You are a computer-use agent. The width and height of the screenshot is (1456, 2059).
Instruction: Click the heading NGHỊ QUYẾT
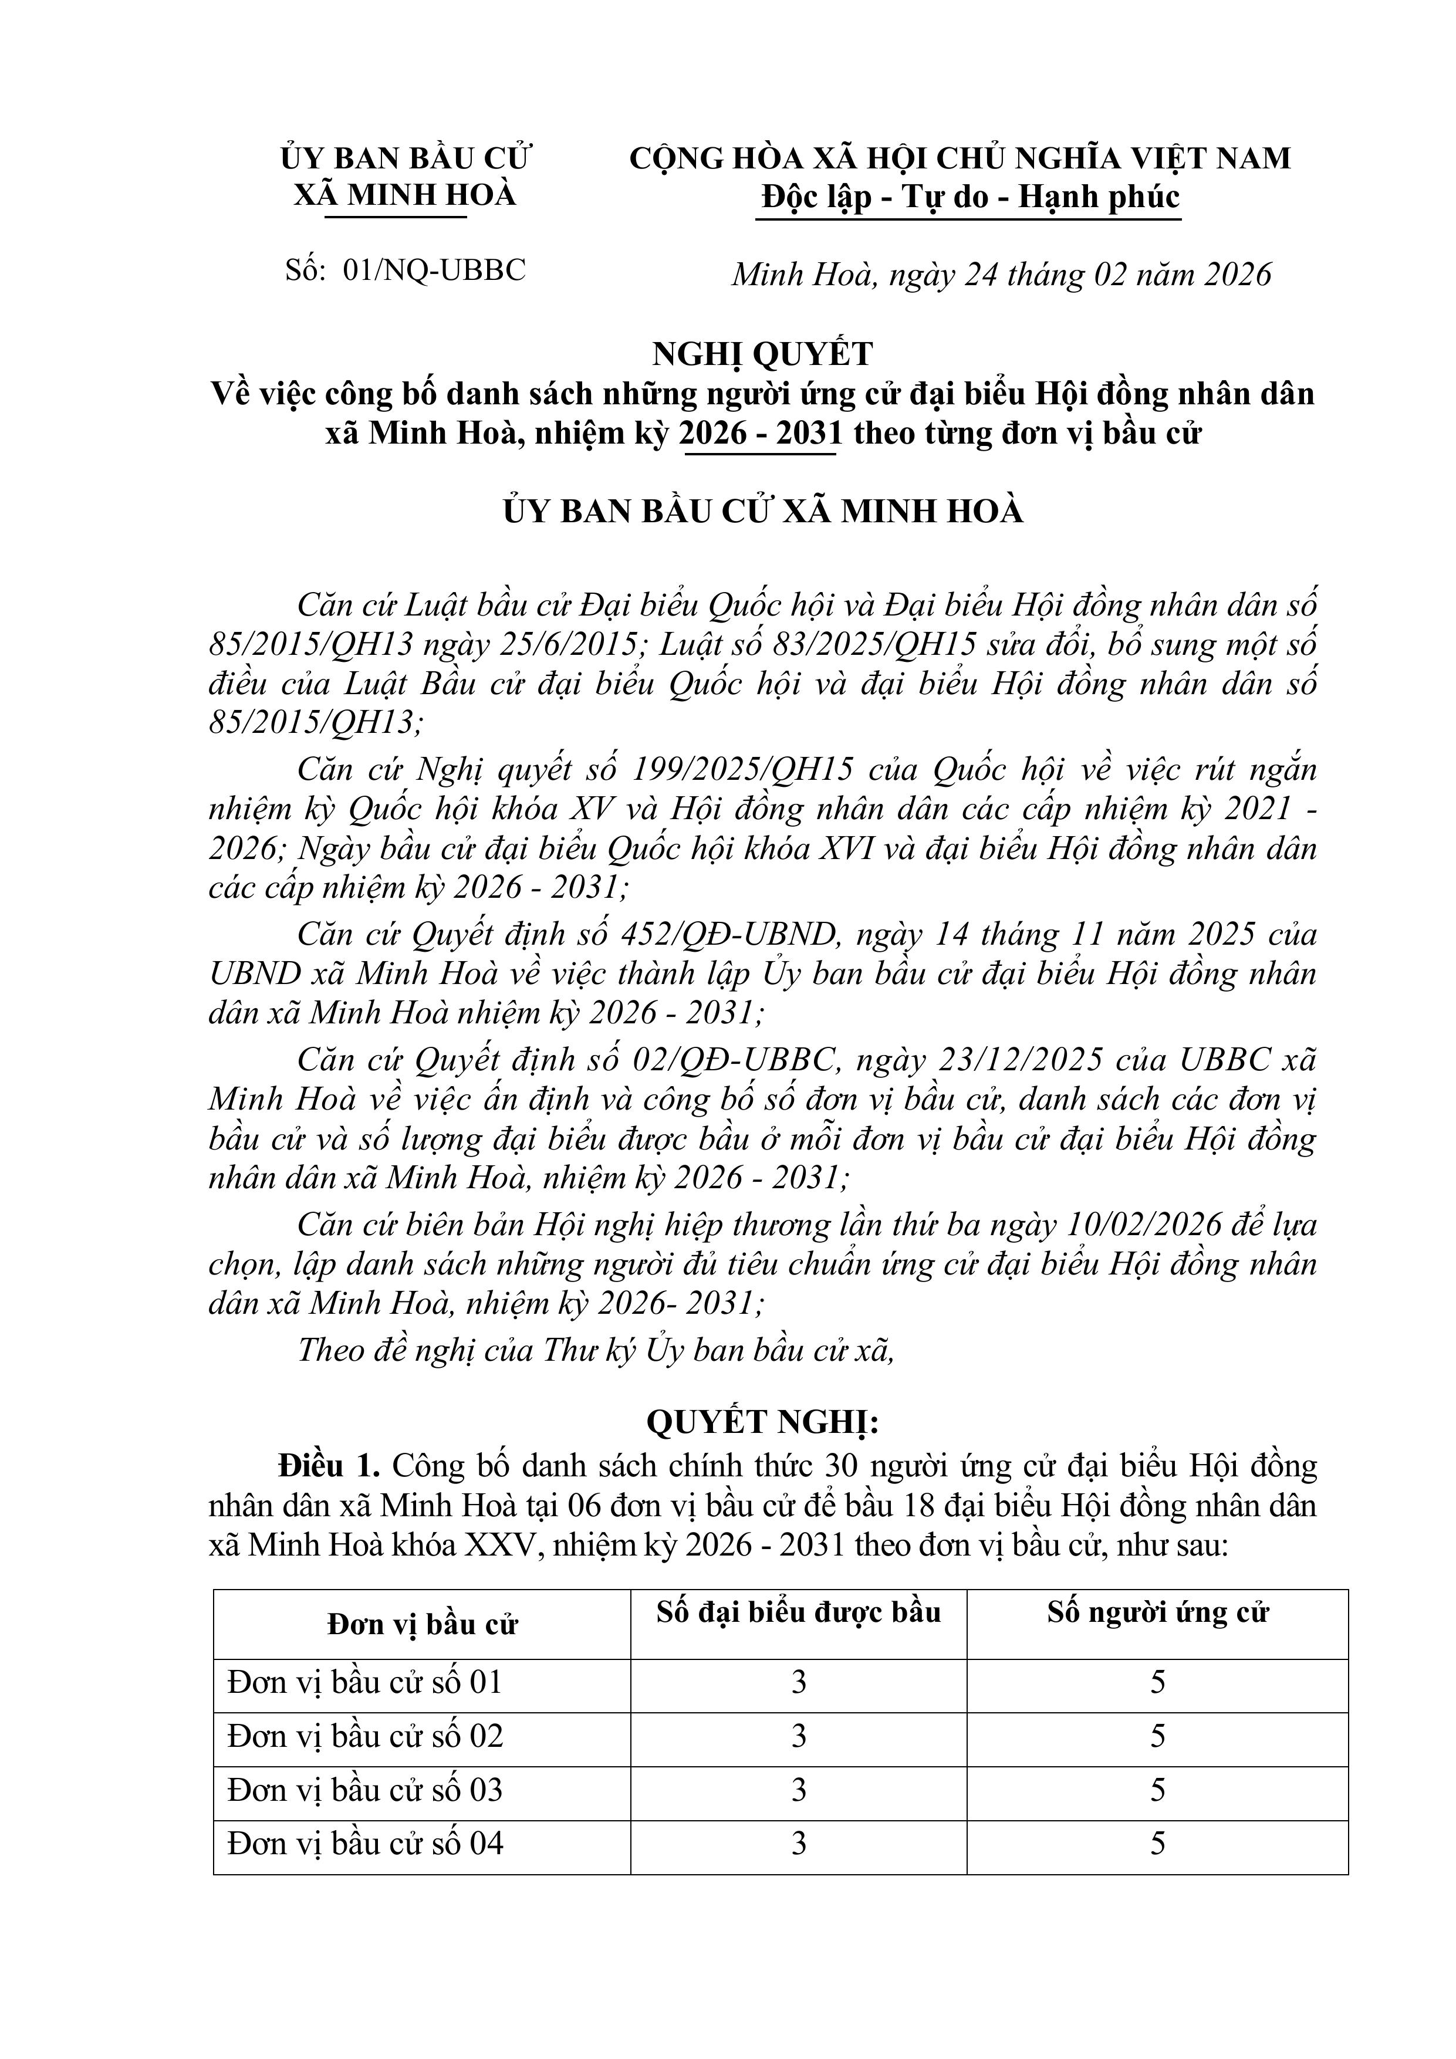click(762, 354)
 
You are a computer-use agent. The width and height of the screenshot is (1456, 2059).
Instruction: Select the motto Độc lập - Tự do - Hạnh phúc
click(969, 197)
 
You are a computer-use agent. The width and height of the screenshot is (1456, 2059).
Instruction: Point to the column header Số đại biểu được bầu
click(798, 1612)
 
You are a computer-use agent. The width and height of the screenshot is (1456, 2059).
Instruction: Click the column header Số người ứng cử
click(1157, 1612)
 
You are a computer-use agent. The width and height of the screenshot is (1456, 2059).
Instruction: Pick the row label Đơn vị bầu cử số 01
click(364, 1682)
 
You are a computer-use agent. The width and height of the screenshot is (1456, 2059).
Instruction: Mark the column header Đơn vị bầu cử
click(421, 1624)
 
